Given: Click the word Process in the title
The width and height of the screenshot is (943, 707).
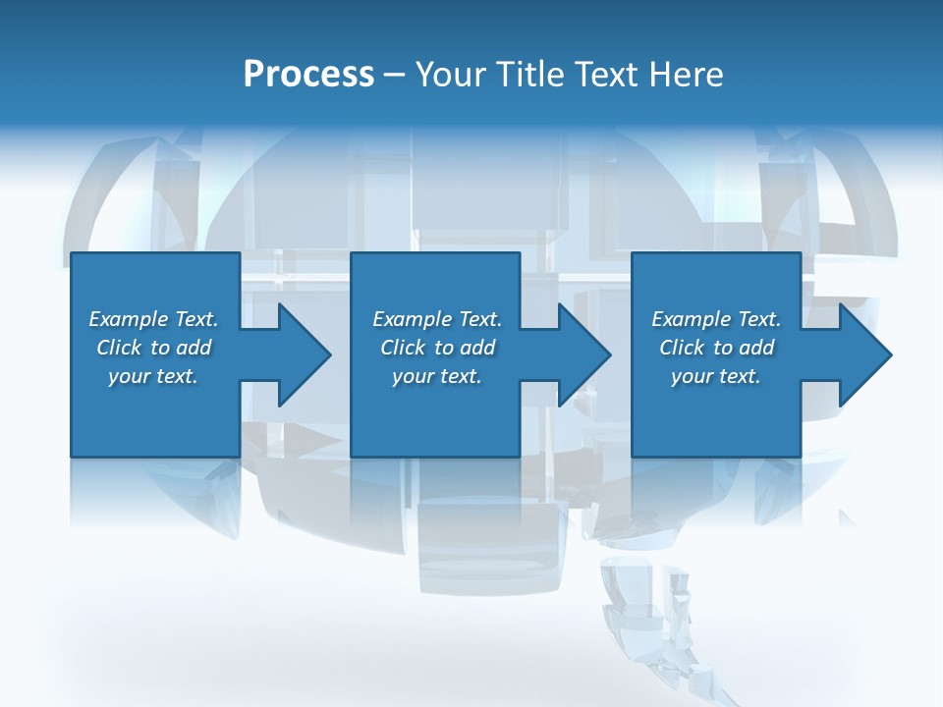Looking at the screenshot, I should [308, 75].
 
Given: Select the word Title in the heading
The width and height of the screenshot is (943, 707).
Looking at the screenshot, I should [529, 75].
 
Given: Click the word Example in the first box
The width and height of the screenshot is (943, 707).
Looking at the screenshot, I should [129, 319].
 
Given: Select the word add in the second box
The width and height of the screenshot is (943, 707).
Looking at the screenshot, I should [477, 348].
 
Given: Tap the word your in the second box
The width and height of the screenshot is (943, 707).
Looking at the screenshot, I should [413, 376].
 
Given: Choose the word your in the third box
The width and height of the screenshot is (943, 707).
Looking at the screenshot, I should [692, 376].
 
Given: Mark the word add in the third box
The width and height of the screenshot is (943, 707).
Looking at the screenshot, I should [756, 348].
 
